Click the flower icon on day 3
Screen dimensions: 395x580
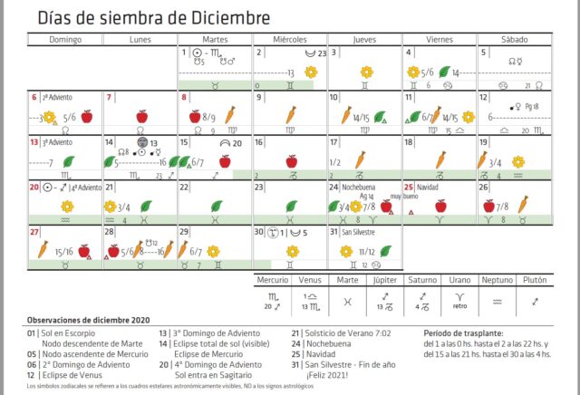point(366,72)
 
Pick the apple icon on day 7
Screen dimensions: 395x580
point(141,116)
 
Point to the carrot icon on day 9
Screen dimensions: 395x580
point(291,115)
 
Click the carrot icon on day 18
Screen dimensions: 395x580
point(440,159)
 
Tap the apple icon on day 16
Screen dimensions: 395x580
point(291,160)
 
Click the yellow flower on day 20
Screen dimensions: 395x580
point(66,207)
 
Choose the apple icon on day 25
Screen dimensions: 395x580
point(440,206)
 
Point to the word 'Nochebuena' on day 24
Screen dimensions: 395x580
point(361,187)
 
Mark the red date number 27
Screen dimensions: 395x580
point(34,231)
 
